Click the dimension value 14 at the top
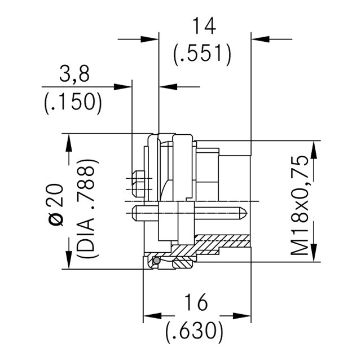click(204, 26)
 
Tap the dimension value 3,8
click(74, 74)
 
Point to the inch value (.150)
click(73, 103)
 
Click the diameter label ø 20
click(56, 204)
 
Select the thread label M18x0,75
click(300, 205)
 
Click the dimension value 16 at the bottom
click(196, 302)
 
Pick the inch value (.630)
click(195, 331)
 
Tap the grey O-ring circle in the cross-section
click(157, 261)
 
